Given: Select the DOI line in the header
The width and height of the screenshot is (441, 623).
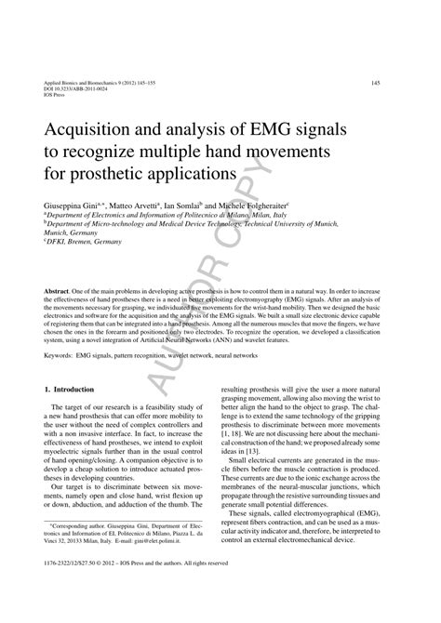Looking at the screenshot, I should [x=79, y=88].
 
